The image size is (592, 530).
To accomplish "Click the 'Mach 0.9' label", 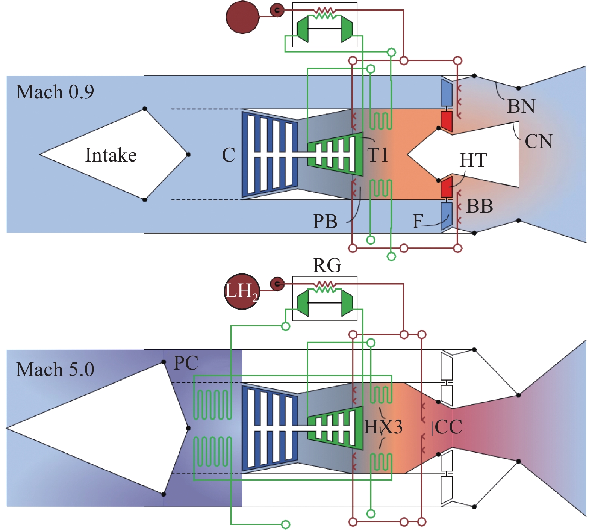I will point(55,92).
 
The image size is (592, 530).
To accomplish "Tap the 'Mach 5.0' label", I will point(55,369).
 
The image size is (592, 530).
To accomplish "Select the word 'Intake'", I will point(111,155).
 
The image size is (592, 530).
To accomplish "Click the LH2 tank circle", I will point(242,291).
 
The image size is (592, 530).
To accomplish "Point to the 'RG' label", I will point(327,265).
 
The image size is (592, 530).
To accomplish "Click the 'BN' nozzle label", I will point(521,106).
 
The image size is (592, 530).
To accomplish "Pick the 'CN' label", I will point(539,142).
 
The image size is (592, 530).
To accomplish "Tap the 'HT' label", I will point(473,160).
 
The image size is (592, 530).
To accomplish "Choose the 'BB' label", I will point(480,206).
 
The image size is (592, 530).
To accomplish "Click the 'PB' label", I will point(325,222).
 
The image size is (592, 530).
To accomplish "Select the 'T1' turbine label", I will point(377,155).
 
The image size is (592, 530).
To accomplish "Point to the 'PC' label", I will point(186,363).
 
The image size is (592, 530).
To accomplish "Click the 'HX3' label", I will point(383,427).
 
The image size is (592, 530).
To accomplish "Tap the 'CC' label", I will point(448,427).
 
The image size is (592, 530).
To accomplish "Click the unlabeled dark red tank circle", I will point(242,17).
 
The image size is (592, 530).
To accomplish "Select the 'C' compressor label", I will point(229,155).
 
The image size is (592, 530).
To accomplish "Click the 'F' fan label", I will point(418,222).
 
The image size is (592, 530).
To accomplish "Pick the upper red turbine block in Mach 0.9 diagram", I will point(446,121).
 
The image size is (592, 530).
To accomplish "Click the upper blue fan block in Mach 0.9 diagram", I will point(446,93).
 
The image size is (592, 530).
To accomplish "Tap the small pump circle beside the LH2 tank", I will point(277,284).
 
